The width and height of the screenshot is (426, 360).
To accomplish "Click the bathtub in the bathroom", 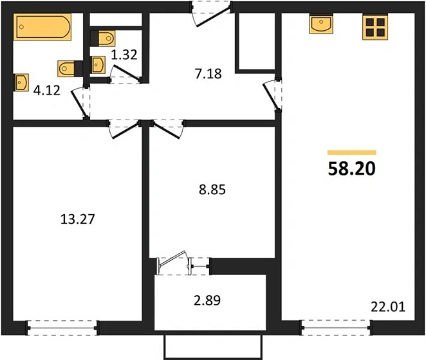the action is (x=42, y=27).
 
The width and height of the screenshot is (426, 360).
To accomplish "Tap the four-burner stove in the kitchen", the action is (x=375, y=27).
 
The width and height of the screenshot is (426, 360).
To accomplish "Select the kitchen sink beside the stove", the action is (x=321, y=24).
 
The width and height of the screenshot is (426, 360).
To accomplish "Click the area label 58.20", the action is (x=352, y=168).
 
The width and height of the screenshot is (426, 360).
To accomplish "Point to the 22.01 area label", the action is (x=388, y=307).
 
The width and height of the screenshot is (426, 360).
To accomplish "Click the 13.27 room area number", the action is (x=78, y=219).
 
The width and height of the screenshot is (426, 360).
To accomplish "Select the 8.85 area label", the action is (x=212, y=190).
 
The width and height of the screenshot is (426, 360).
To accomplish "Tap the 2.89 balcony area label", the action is (x=207, y=301).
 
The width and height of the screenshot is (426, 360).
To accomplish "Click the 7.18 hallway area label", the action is (x=208, y=73).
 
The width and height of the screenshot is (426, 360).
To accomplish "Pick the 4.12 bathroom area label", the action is (x=47, y=91).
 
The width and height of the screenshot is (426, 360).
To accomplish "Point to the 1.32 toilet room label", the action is (x=124, y=55).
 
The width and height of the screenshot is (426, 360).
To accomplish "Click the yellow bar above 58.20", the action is (x=352, y=152).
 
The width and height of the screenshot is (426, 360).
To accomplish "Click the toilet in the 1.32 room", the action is (x=103, y=39).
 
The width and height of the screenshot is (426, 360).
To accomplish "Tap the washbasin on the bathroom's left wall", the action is (x=21, y=82).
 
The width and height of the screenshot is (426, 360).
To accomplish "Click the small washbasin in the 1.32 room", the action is (x=97, y=65).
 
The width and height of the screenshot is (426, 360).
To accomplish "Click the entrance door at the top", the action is (x=211, y=14).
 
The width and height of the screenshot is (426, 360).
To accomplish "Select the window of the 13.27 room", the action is (x=62, y=328).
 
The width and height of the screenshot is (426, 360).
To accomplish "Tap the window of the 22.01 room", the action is (x=336, y=328).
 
